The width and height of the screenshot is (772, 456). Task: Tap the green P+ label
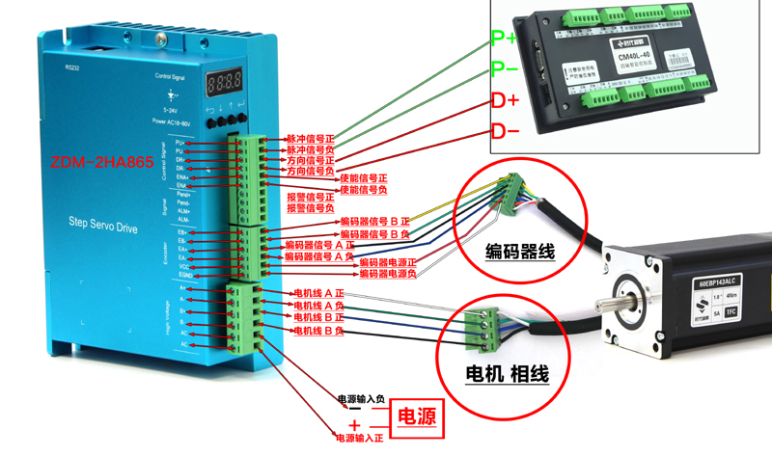pyautogui.click(x=504, y=40)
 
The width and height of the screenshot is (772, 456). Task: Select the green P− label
pyautogui.click(x=504, y=69)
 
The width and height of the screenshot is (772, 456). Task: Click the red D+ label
pyautogui.click(x=505, y=100)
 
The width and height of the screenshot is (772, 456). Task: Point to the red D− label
pyautogui.click(x=505, y=131)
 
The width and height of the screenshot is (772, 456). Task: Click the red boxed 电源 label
pyautogui.click(x=415, y=417)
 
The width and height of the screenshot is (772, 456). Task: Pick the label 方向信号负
pyautogui.click(x=311, y=171)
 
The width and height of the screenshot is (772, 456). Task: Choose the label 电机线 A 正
pyautogui.click(x=318, y=293)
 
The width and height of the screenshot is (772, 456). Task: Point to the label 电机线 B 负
pyautogui.click(x=318, y=331)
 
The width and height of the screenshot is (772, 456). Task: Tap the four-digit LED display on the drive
pyautogui.click(x=224, y=82)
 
